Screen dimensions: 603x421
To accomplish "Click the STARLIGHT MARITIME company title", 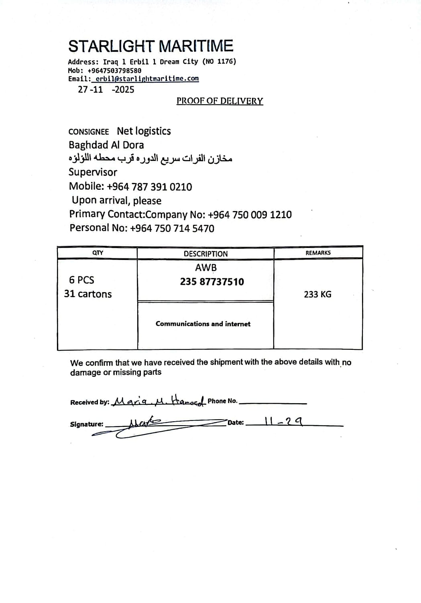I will (151, 46).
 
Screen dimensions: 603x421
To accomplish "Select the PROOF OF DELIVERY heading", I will (220, 101).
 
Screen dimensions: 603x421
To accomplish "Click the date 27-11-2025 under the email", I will (106, 89).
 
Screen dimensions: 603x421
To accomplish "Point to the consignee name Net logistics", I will (144, 131).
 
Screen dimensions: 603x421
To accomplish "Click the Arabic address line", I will (151, 158).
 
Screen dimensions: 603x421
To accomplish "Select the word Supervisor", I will (93, 172).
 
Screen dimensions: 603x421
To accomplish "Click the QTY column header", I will (98, 253).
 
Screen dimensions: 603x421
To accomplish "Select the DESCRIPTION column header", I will (205, 254).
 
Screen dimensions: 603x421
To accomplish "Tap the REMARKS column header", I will (318, 253).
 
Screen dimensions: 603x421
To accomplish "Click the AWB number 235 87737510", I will (212, 282).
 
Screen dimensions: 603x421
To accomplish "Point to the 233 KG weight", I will (317, 294).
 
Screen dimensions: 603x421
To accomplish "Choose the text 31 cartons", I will (88, 294).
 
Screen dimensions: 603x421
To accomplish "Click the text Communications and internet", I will (203, 324).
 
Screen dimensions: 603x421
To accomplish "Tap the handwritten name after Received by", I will (159, 400).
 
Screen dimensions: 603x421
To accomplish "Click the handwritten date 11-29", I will (283, 421).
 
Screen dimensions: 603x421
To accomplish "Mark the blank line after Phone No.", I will (273, 403).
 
